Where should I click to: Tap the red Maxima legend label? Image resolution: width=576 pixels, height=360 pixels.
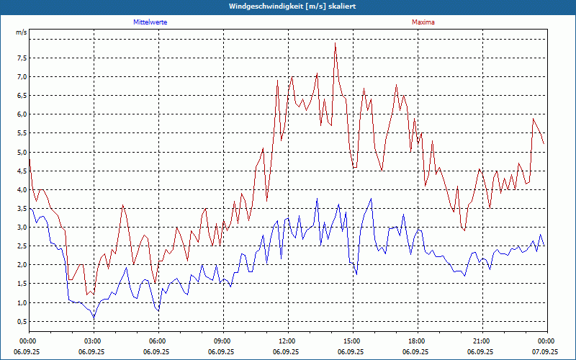(x=423, y=22)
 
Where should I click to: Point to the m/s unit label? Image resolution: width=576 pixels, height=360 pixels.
(x=21, y=32)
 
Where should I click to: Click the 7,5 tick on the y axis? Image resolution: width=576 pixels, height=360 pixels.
(x=21, y=58)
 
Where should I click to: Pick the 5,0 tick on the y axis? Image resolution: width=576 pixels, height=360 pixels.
(x=21, y=152)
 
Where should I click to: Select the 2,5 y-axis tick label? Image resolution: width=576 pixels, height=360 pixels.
(x=21, y=246)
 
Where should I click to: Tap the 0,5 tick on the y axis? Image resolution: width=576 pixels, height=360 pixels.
(x=21, y=322)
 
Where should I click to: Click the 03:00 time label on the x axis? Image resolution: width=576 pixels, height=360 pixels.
(x=93, y=341)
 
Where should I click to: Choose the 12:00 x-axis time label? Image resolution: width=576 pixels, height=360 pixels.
(x=287, y=341)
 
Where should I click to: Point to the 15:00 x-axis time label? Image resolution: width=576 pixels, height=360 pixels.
(x=352, y=341)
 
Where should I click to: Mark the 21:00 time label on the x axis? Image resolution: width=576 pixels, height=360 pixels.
(x=482, y=341)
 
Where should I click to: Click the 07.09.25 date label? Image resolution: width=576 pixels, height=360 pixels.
(x=546, y=352)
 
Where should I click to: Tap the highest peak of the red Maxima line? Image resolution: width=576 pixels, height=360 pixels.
(x=336, y=44)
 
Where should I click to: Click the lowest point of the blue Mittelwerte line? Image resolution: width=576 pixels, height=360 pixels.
(x=94, y=318)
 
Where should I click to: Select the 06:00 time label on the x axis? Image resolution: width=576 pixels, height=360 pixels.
(x=158, y=341)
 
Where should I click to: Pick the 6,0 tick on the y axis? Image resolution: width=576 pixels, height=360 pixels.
(x=21, y=114)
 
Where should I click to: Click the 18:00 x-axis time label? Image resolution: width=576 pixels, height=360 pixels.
(x=417, y=341)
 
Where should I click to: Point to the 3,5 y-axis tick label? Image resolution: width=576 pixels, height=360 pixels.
(x=21, y=209)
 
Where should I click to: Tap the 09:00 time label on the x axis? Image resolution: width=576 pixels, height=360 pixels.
(x=222, y=341)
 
